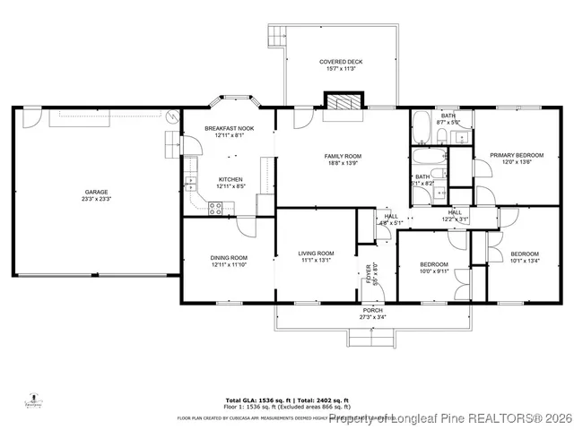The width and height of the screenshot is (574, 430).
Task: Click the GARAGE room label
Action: click(x=97, y=191)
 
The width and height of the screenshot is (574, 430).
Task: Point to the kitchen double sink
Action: click(x=191, y=183)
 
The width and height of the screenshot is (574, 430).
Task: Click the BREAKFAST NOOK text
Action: click(x=229, y=128)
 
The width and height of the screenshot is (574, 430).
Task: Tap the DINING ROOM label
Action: click(x=229, y=257)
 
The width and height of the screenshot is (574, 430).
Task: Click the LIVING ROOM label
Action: click(x=316, y=254)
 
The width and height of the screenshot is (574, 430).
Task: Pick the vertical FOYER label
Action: click(x=368, y=273)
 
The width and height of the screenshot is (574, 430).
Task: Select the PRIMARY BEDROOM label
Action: click(x=516, y=155)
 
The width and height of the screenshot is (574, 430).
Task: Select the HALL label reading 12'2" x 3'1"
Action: click(x=455, y=219)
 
